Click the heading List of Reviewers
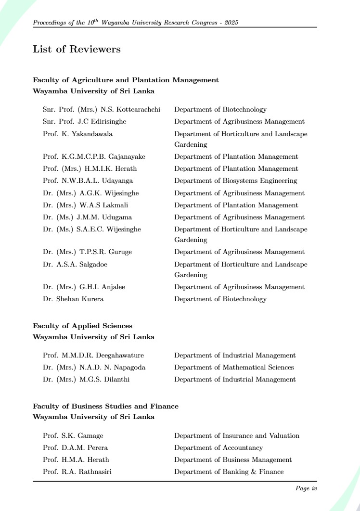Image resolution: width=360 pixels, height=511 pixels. click(x=77, y=49)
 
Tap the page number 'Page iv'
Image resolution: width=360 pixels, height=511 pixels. click(x=306, y=488)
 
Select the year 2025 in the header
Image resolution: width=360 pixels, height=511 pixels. click(x=231, y=23)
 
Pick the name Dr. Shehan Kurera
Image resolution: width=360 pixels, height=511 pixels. click(x=73, y=299)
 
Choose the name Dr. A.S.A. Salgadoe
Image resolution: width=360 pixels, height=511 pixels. click(x=75, y=264)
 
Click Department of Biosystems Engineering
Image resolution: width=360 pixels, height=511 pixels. click(x=235, y=181)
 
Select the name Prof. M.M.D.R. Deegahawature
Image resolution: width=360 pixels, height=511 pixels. click(x=93, y=355)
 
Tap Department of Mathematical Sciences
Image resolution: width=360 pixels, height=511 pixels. click(x=234, y=367)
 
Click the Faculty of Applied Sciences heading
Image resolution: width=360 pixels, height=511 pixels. click(x=82, y=326)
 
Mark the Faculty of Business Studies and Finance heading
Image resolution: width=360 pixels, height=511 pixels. click(x=105, y=406)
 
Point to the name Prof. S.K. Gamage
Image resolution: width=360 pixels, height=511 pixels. click(x=73, y=435)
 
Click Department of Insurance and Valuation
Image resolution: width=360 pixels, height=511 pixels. click(x=237, y=435)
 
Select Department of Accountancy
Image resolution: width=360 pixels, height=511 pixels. click(x=219, y=447)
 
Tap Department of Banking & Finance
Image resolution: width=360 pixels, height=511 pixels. click(x=229, y=472)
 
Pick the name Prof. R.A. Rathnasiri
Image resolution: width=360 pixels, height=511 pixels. click(x=77, y=472)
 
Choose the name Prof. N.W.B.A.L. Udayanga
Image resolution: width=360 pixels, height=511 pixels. click(x=88, y=181)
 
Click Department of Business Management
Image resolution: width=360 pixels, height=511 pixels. click(x=233, y=460)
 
